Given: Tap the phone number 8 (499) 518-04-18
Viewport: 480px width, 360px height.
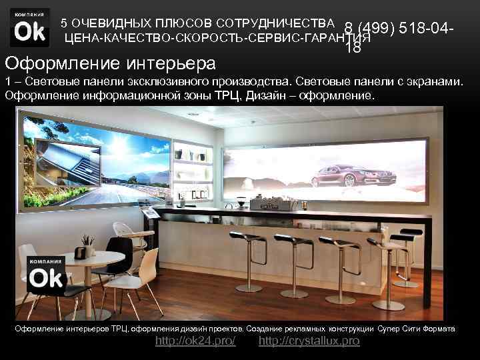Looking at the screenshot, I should pyautogui.click(x=399, y=31).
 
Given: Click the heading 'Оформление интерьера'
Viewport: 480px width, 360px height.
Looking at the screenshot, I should pyautogui.click(x=111, y=64).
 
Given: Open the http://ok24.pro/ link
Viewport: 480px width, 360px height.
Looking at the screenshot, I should pyautogui.click(x=195, y=341).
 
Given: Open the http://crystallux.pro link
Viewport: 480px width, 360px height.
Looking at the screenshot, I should pyautogui.click(x=309, y=341).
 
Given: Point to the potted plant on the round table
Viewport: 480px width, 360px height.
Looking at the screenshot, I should pyautogui.click(x=87, y=244).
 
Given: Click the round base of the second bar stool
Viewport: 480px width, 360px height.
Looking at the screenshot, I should pyautogui.click(x=293, y=293).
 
